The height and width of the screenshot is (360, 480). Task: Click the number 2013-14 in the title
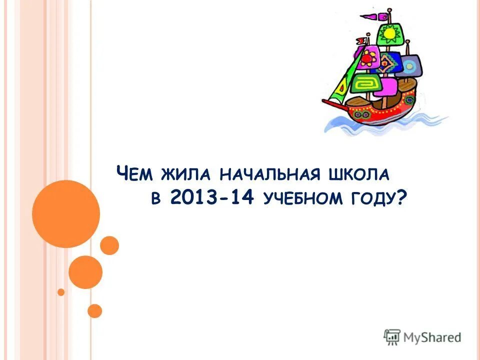click(213, 198)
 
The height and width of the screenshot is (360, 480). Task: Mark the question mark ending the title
click(401, 198)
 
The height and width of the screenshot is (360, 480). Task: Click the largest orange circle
click(66, 214)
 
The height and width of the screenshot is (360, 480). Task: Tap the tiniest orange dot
click(61, 292)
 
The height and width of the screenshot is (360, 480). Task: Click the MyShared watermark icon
click(392, 337)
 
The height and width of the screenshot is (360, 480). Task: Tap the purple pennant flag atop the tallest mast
click(369, 16)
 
